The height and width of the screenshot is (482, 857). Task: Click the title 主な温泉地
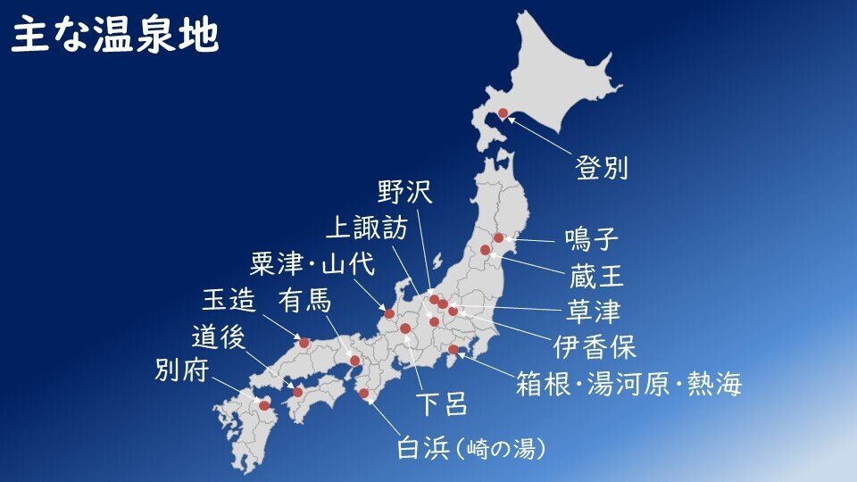(x=114, y=37)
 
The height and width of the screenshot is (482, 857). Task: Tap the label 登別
(x=602, y=168)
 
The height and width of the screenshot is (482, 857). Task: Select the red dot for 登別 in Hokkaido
(x=503, y=113)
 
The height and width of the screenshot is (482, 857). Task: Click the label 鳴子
(x=592, y=240)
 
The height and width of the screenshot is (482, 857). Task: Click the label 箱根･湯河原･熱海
(x=628, y=385)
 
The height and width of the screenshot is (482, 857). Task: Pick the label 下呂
(x=442, y=404)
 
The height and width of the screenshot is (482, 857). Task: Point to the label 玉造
(x=229, y=300)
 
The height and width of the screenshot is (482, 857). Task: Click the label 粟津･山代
(x=312, y=264)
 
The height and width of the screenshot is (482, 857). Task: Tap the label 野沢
(x=404, y=192)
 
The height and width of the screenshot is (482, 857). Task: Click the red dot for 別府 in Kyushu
(x=264, y=405)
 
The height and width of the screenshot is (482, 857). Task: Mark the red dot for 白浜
(x=363, y=394)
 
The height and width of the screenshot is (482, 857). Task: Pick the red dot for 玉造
(x=304, y=343)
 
